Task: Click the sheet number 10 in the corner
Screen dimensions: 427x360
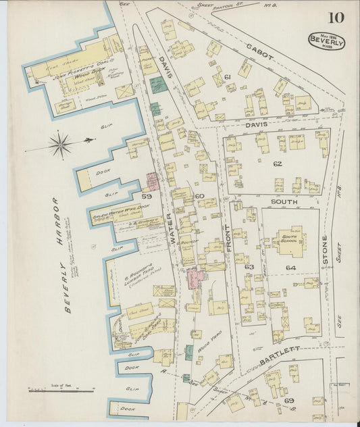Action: tap(336, 18)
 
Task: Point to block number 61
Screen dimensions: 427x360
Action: tap(228, 78)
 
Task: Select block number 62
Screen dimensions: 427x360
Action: tap(277, 163)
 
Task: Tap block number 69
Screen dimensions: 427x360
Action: tap(289, 401)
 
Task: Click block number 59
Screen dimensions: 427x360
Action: tap(147, 196)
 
